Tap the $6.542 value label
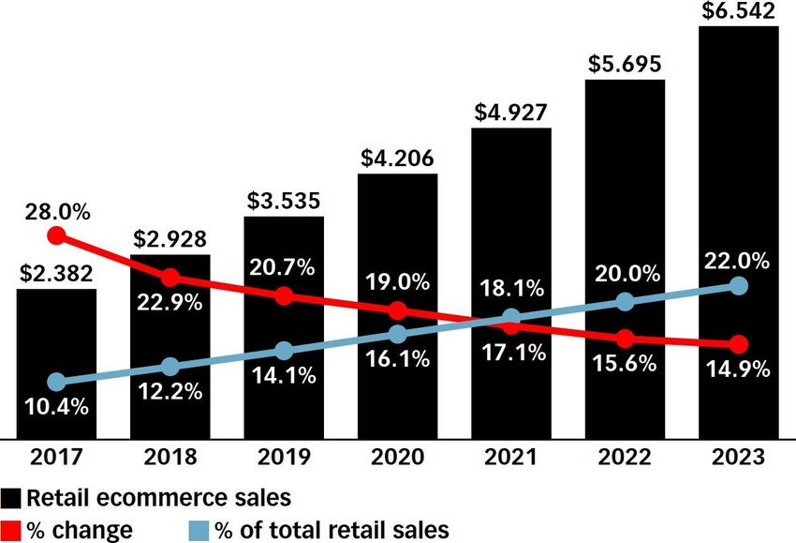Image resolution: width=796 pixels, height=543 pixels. point(739,11)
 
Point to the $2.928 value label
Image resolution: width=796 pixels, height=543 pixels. point(170,238)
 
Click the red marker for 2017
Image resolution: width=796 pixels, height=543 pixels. point(56,234)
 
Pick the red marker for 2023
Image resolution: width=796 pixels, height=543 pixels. point(739,344)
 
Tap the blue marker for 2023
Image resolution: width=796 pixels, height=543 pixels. point(739,285)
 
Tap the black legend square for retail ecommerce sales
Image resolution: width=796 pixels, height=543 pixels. point(12,497)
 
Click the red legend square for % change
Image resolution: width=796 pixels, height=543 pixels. point(12,530)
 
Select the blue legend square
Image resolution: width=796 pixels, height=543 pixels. point(199,530)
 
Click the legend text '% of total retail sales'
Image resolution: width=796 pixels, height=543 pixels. point(332,530)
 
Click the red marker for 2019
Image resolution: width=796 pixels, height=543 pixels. point(284,295)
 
